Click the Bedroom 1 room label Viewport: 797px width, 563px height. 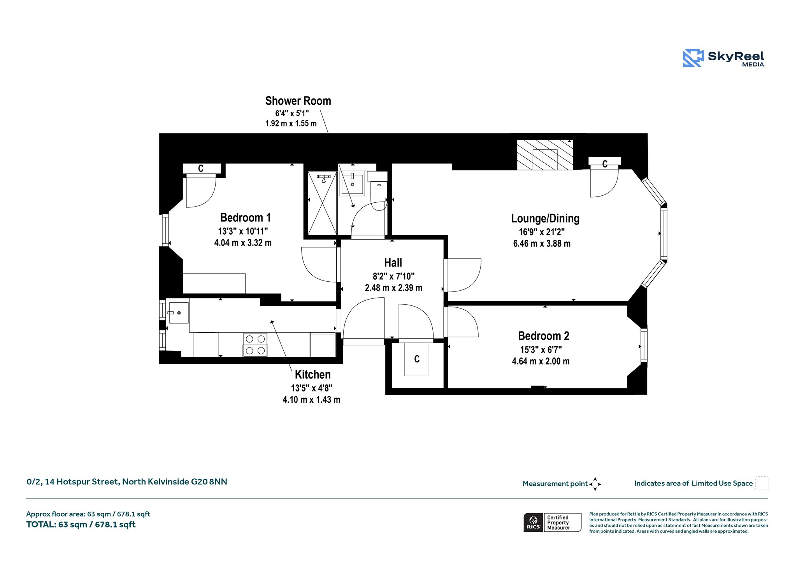pyautogui.click(x=245, y=217)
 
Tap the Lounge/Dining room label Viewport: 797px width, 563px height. pyautogui.click(x=545, y=218)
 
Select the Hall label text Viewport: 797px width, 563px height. pyautogui.click(x=393, y=263)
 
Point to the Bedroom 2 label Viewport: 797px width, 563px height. pyautogui.click(x=544, y=336)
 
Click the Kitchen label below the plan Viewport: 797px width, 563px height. pyautogui.click(x=312, y=374)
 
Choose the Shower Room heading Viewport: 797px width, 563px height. pyautogui.click(x=298, y=101)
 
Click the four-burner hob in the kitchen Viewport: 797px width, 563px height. pyautogui.click(x=255, y=345)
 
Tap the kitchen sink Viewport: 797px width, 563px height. pyautogui.click(x=178, y=313)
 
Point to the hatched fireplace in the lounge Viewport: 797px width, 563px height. pyautogui.click(x=545, y=154)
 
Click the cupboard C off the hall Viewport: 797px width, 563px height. pyautogui.click(x=417, y=359)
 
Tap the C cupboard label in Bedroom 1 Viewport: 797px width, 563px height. pyautogui.click(x=201, y=168)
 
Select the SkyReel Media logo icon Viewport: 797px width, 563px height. pyautogui.click(x=693, y=58)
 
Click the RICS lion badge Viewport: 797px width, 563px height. pyautogui.click(x=533, y=522)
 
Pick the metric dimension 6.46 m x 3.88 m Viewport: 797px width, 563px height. pyautogui.click(x=542, y=244)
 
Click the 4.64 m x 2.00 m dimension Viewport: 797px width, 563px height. pyautogui.click(x=541, y=361)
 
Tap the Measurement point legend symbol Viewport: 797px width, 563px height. pyautogui.click(x=595, y=484)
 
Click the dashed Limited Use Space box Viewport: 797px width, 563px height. pyautogui.click(x=762, y=483)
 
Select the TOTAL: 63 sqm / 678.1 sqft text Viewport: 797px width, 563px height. pyautogui.click(x=81, y=524)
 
